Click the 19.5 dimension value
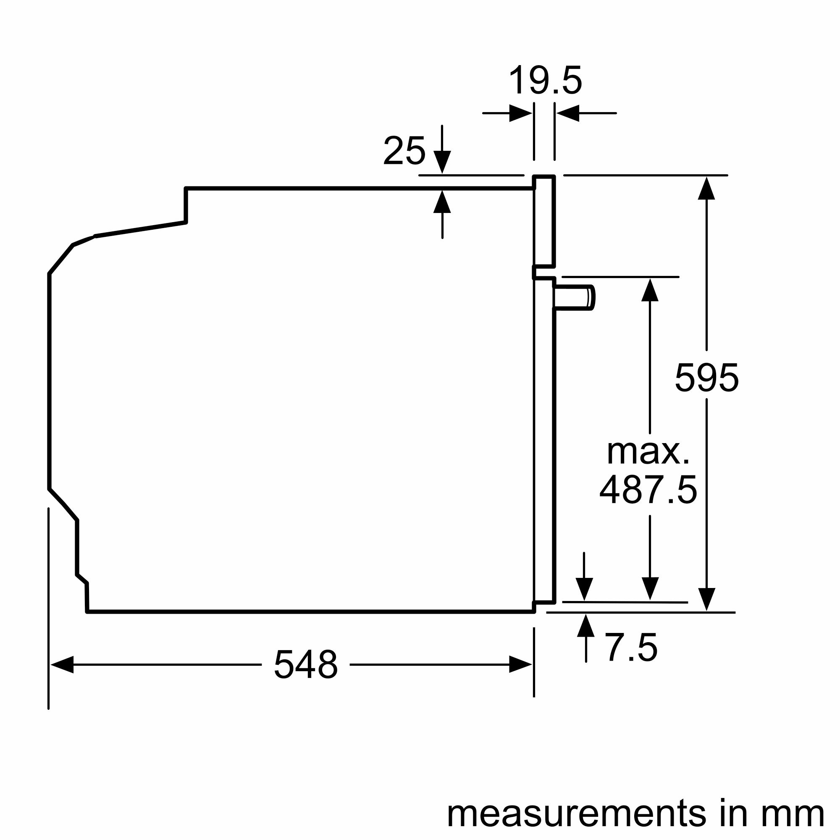click(x=545, y=81)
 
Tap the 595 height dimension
click(x=706, y=378)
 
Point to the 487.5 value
click(x=648, y=490)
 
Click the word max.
click(x=648, y=453)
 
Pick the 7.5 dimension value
click(x=631, y=648)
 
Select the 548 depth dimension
click(x=306, y=664)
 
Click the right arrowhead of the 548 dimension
click(x=520, y=664)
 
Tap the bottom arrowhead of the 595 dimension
click(x=706, y=599)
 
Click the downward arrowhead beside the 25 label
click(x=442, y=162)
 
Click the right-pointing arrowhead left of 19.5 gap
click(x=520, y=113)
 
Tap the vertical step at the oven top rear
click(x=186, y=205)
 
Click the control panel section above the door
click(x=544, y=221)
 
